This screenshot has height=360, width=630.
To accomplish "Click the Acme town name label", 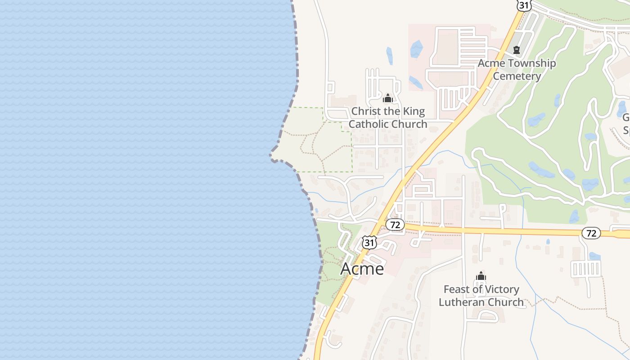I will (x=362, y=269).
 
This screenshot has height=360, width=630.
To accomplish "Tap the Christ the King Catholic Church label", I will (x=388, y=117).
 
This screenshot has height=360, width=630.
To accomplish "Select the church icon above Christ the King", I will (x=388, y=98).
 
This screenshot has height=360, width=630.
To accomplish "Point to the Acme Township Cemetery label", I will (x=517, y=70).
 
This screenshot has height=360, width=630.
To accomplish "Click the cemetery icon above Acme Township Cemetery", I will (x=517, y=50).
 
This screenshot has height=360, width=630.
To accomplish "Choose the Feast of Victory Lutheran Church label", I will (x=481, y=296).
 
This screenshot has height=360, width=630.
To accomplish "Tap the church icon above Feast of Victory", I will (x=481, y=276).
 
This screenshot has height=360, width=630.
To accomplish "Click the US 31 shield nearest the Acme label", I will (x=369, y=243).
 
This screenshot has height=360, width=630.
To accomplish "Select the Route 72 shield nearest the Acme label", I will (x=396, y=225).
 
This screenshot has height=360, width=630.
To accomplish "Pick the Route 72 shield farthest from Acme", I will (x=591, y=233).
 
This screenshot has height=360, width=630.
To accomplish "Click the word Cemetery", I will (x=517, y=76).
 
